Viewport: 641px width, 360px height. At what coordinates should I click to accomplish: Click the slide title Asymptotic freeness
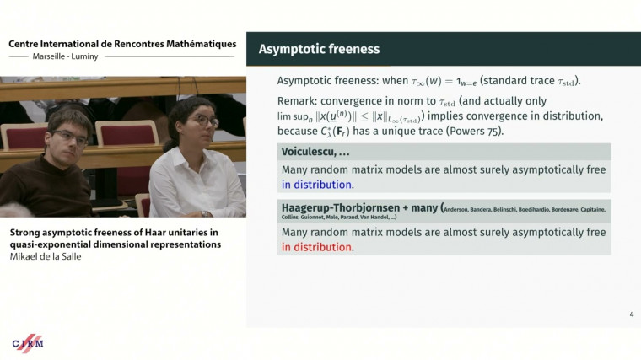[x=319, y=50]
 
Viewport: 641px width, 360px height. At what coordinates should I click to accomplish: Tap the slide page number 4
[x=632, y=315]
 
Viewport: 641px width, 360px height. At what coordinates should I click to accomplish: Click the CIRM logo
[x=28, y=342]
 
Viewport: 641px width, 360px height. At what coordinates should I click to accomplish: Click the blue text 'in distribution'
[x=317, y=185]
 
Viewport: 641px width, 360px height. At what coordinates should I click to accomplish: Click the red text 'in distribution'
[x=316, y=247]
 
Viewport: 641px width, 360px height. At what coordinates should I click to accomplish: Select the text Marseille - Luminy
[x=57, y=57]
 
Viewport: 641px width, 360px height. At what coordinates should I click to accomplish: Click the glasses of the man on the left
[x=69, y=136]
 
